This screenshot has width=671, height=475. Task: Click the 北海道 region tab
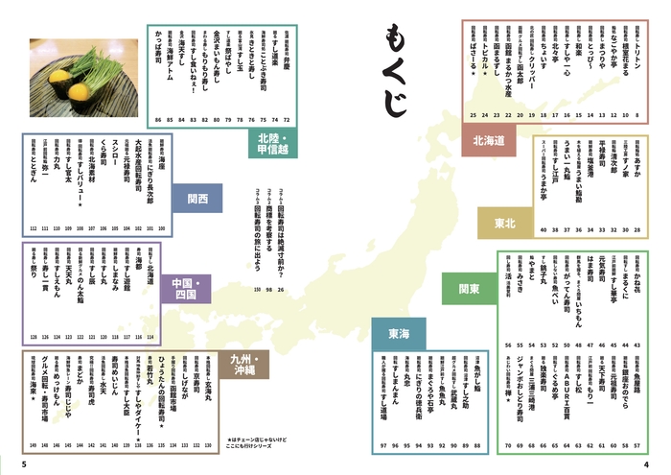click(488, 141)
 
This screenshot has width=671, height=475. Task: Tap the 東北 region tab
click(504, 223)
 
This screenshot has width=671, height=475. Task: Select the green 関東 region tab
click(469, 286)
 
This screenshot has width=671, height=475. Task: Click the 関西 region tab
click(198, 200)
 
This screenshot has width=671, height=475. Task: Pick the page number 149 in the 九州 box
click(32, 445)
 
